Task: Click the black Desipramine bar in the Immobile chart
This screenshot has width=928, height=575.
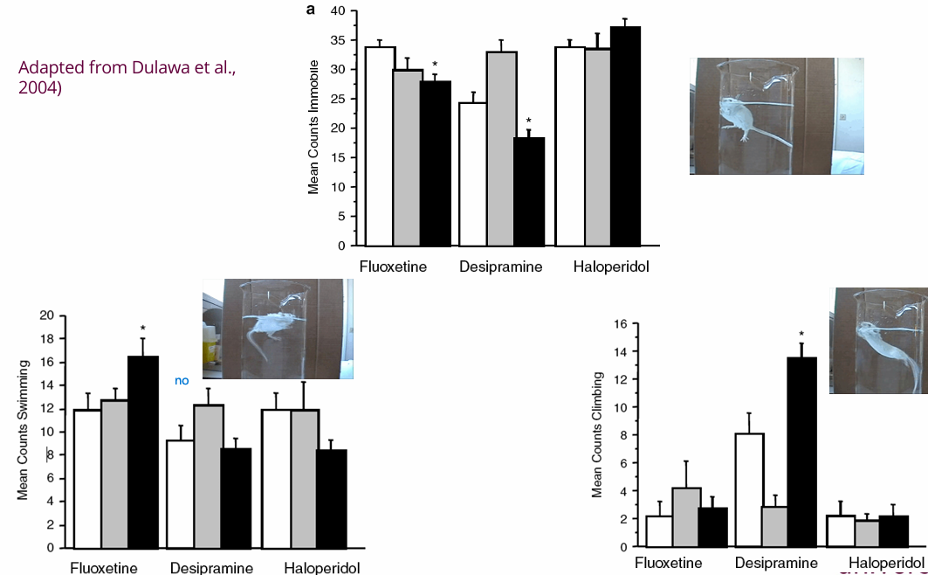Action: click(x=528, y=191)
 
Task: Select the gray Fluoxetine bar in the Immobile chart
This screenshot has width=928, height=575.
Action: click(x=406, y=157)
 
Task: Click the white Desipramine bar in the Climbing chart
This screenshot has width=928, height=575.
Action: click(x=748, y=489)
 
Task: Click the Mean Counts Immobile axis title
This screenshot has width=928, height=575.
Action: click(x=314, y=128)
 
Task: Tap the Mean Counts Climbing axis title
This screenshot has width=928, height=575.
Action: click(x=598, y=434)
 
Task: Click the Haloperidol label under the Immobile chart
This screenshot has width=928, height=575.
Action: click(x=611, y=266)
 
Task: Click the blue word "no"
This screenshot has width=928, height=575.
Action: click(x=182, y=381)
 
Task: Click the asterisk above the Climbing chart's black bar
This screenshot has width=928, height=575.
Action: click(x=801, y=334)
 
